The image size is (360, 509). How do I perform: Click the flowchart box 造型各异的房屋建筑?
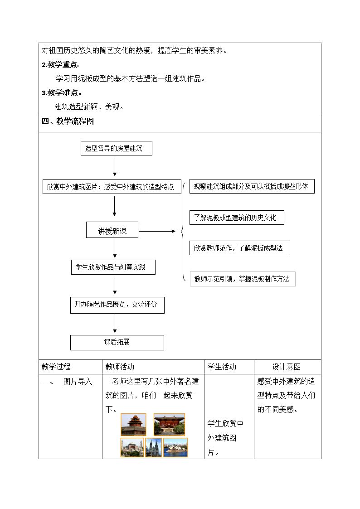[116, 148]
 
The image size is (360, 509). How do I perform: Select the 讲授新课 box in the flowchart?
[112, 230]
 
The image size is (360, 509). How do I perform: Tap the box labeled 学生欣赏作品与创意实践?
[113, 267]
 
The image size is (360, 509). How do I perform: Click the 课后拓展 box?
[117, 343]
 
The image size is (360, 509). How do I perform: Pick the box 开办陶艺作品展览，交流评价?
[117, 305]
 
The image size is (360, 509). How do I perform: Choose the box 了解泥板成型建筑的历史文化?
[237, 218]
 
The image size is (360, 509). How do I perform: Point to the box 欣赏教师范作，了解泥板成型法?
[239, 248]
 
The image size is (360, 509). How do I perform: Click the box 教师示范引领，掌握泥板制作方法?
[243, 279]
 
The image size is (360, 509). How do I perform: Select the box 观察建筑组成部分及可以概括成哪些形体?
[252, 186]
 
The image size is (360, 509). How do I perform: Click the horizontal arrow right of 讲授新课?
[157, 232]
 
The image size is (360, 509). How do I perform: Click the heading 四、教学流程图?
[68, 121]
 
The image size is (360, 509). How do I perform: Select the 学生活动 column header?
[222, 367]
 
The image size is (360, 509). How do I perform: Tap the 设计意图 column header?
[286, 367]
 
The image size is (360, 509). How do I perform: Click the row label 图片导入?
[78, 382]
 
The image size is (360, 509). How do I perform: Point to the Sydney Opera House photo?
[175, 447]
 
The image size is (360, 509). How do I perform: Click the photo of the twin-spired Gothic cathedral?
[154, 447]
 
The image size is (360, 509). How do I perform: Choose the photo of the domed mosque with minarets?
[132, 447]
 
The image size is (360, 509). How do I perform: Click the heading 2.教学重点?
[61, 65]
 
